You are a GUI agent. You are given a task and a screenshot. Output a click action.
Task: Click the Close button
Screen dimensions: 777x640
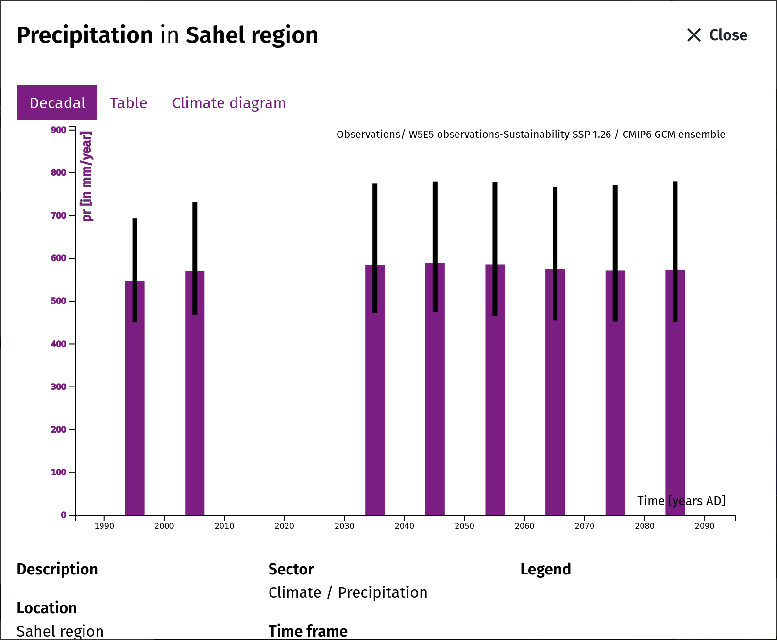(717, 35)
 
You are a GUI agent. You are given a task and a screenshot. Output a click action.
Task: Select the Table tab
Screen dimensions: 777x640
(128, 103)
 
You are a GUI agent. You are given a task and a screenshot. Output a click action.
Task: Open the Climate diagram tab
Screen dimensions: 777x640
(229, 103)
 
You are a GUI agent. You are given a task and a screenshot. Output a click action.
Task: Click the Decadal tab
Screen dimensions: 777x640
(57, 103)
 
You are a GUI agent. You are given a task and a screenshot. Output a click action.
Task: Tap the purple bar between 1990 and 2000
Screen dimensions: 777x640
(135, 398)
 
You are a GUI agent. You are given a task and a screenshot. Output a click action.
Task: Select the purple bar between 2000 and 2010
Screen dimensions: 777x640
(195, 393)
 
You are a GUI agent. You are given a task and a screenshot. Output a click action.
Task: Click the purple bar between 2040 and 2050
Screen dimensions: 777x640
(435, 389)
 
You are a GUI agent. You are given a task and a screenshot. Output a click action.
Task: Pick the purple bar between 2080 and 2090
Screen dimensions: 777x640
(675, 392)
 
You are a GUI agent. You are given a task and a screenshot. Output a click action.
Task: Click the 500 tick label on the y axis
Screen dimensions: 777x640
(59, 301)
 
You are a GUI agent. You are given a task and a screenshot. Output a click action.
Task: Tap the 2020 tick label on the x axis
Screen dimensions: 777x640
(284, 526)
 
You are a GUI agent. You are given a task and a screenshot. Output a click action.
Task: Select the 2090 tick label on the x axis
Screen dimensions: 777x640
(705, 526)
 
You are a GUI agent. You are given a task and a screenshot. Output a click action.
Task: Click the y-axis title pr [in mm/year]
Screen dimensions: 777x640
(87, 176)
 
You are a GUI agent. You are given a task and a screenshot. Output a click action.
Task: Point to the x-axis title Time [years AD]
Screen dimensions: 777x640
(681, 501)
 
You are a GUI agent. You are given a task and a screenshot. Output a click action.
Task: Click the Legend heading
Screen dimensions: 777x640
(545, 569)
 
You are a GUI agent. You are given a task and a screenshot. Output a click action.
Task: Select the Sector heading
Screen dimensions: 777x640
(291, 569)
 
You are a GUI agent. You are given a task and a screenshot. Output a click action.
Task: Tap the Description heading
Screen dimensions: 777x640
(57, 569)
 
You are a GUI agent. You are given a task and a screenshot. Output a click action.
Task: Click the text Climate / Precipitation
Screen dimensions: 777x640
(348, 592)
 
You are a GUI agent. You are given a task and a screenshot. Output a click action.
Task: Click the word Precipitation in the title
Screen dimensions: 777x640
(85, 35)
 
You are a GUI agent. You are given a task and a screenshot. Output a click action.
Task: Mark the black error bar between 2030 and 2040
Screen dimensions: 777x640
(375, 248)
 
